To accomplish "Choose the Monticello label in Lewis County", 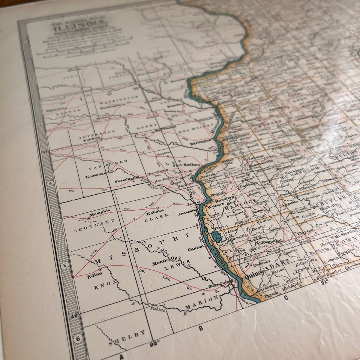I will (164, 263).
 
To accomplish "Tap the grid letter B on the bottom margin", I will (201, 329).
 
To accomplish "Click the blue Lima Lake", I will (217, 236).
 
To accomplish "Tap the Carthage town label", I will (247, 184).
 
